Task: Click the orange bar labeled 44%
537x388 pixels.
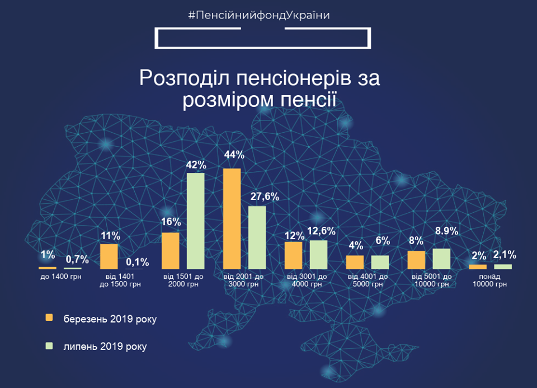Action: [232, 218]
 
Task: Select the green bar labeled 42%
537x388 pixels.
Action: [195, 221]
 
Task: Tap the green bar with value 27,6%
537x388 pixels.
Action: [257, 237]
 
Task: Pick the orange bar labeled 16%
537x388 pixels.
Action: [170, 251]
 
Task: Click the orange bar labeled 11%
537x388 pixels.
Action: [109, 256]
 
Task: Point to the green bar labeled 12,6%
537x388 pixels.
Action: [318, 255]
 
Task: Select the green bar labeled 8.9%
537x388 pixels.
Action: [441, 259]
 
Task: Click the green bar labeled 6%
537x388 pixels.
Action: [380, 262]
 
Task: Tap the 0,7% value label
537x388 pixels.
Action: [77, 259]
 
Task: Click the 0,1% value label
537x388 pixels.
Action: [138, 261]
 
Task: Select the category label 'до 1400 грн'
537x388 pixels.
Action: [60, 277]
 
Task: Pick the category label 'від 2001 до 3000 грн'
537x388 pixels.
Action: [243, 281]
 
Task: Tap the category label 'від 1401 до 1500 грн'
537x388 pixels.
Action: [120, 281]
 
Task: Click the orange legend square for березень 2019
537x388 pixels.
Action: [49, 317]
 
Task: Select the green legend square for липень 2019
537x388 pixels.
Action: [49, 346]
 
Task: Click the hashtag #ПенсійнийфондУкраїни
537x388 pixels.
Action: [259, 15]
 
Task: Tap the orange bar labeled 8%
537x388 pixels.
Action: [416, 260]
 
